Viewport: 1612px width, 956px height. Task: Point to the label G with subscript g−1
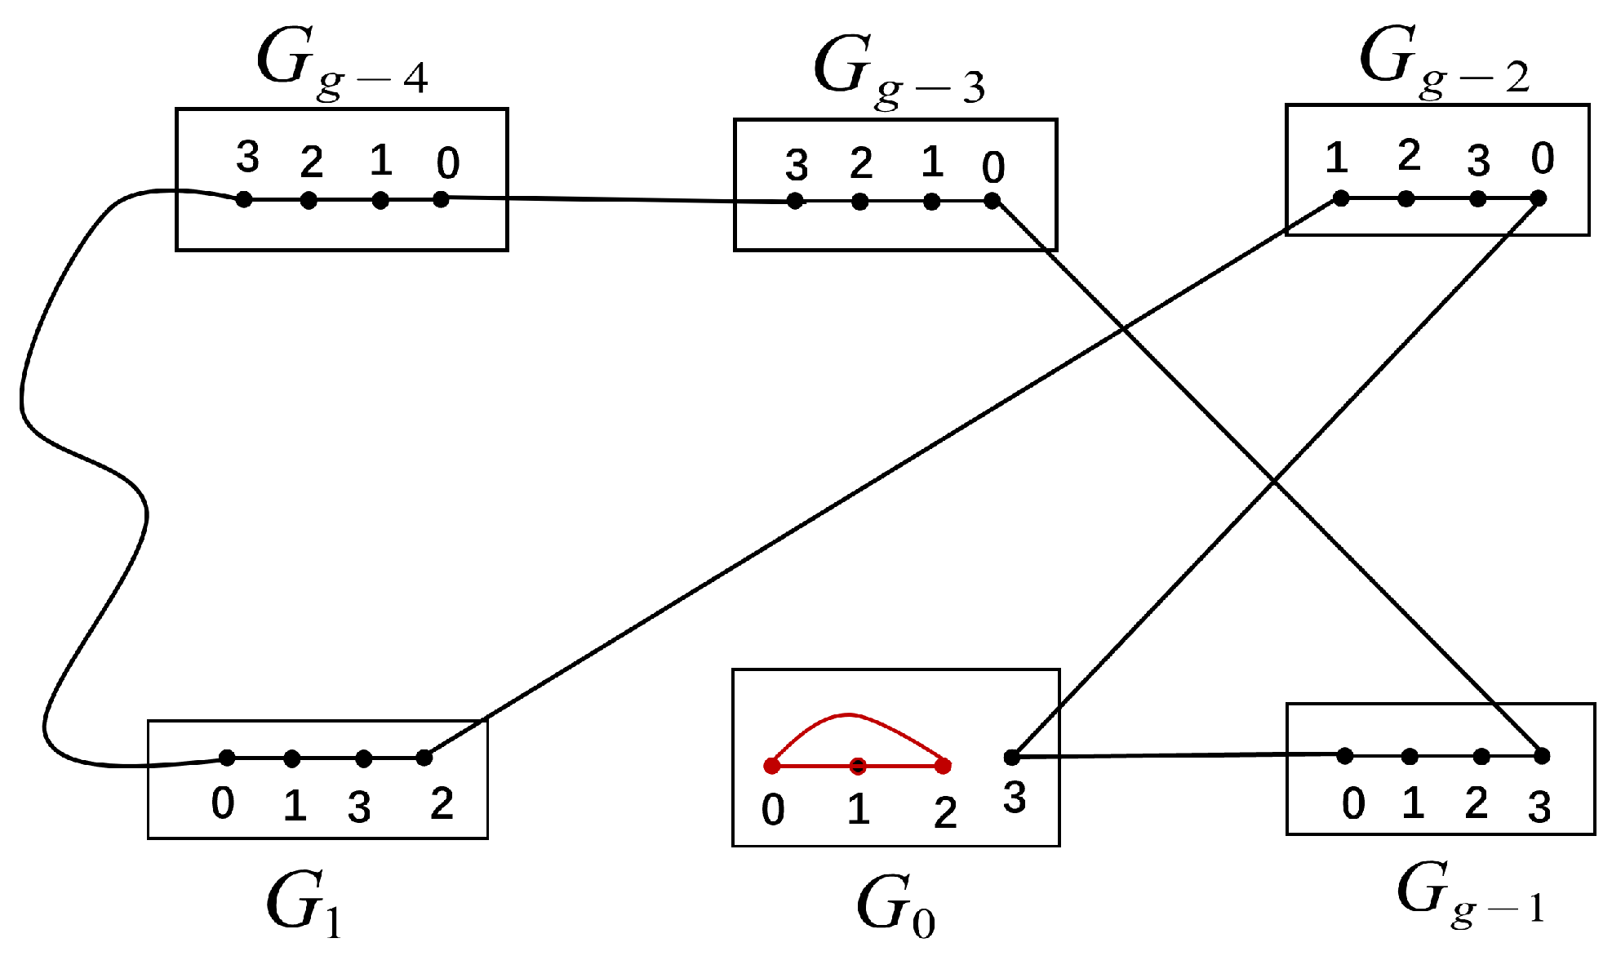[1469, 894]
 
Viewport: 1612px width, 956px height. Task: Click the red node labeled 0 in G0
[771, 766]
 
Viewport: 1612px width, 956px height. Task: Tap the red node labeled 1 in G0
[857, 766]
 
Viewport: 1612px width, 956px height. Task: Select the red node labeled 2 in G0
[944, 766]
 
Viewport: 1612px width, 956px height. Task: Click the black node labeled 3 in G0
[1012, 758]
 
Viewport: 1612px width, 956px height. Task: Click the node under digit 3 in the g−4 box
[243, 199]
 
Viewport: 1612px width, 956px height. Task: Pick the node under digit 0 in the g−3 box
[992, 201]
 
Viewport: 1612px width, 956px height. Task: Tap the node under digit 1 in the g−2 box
[1340, 198]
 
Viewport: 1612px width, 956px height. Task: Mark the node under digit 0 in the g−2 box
[1538, 198]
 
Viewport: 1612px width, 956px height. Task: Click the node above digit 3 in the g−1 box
[1541, 756]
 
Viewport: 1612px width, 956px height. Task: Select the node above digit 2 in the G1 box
[424, 758]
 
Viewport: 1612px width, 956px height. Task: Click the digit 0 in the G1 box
[223, 804]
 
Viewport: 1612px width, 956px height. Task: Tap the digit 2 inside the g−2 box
[1409, 155]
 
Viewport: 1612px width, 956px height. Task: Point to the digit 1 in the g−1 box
[1413, 804]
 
